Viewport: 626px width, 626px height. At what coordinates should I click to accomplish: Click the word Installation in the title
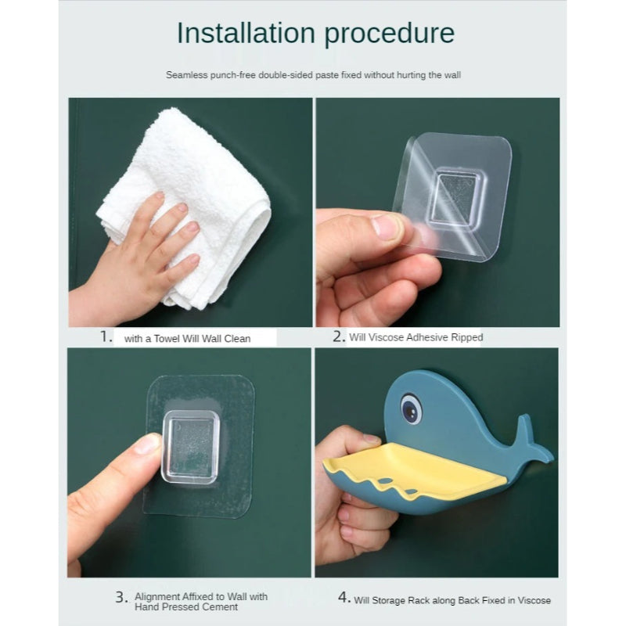[x=246, y=33]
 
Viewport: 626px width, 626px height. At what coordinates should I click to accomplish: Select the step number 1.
[x=106, y=336]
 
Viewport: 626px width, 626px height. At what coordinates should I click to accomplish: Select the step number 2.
[x=339, y=336]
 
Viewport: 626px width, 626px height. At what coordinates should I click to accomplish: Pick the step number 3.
[x=122, y=597]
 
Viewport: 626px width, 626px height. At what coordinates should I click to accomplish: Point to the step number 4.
[x=344, y=597]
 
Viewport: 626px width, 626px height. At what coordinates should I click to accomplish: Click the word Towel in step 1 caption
[x=167, y=339]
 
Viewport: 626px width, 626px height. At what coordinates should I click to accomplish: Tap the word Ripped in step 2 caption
[x=467, y=338]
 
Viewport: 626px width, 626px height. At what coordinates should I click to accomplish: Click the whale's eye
[x=412, y=408]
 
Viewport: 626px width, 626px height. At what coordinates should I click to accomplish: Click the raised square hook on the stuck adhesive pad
[x=190, y=447]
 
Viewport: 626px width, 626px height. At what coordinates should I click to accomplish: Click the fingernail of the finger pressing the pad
[x=148, y=444]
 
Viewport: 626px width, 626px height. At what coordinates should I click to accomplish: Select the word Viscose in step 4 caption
[x=534, y=600]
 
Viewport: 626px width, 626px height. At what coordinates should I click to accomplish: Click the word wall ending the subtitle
[x=452, y=75]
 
